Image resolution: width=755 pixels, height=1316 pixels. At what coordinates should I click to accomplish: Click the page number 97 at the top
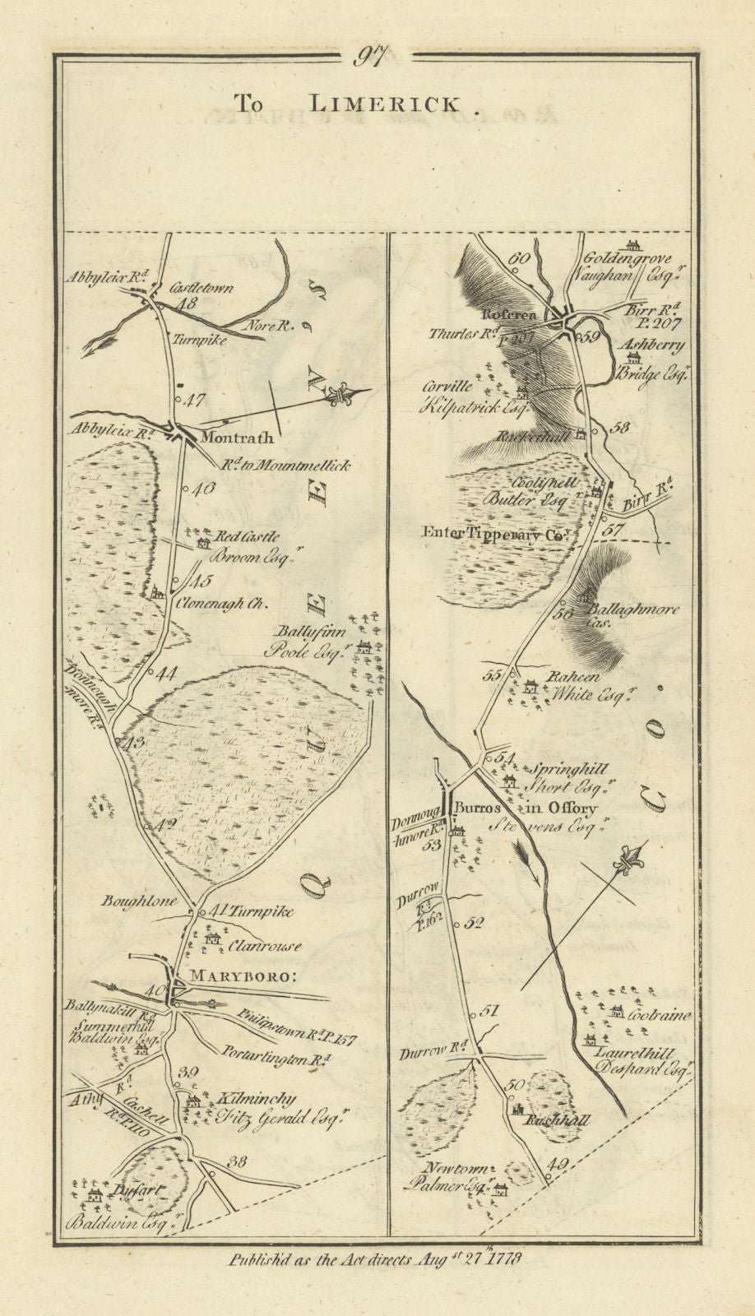[x=377, y=58]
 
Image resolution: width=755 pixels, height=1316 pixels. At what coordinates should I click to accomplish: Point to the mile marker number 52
[x=473, y=923]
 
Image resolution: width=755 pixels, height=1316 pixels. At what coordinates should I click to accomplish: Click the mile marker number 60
[x=517, y=258]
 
